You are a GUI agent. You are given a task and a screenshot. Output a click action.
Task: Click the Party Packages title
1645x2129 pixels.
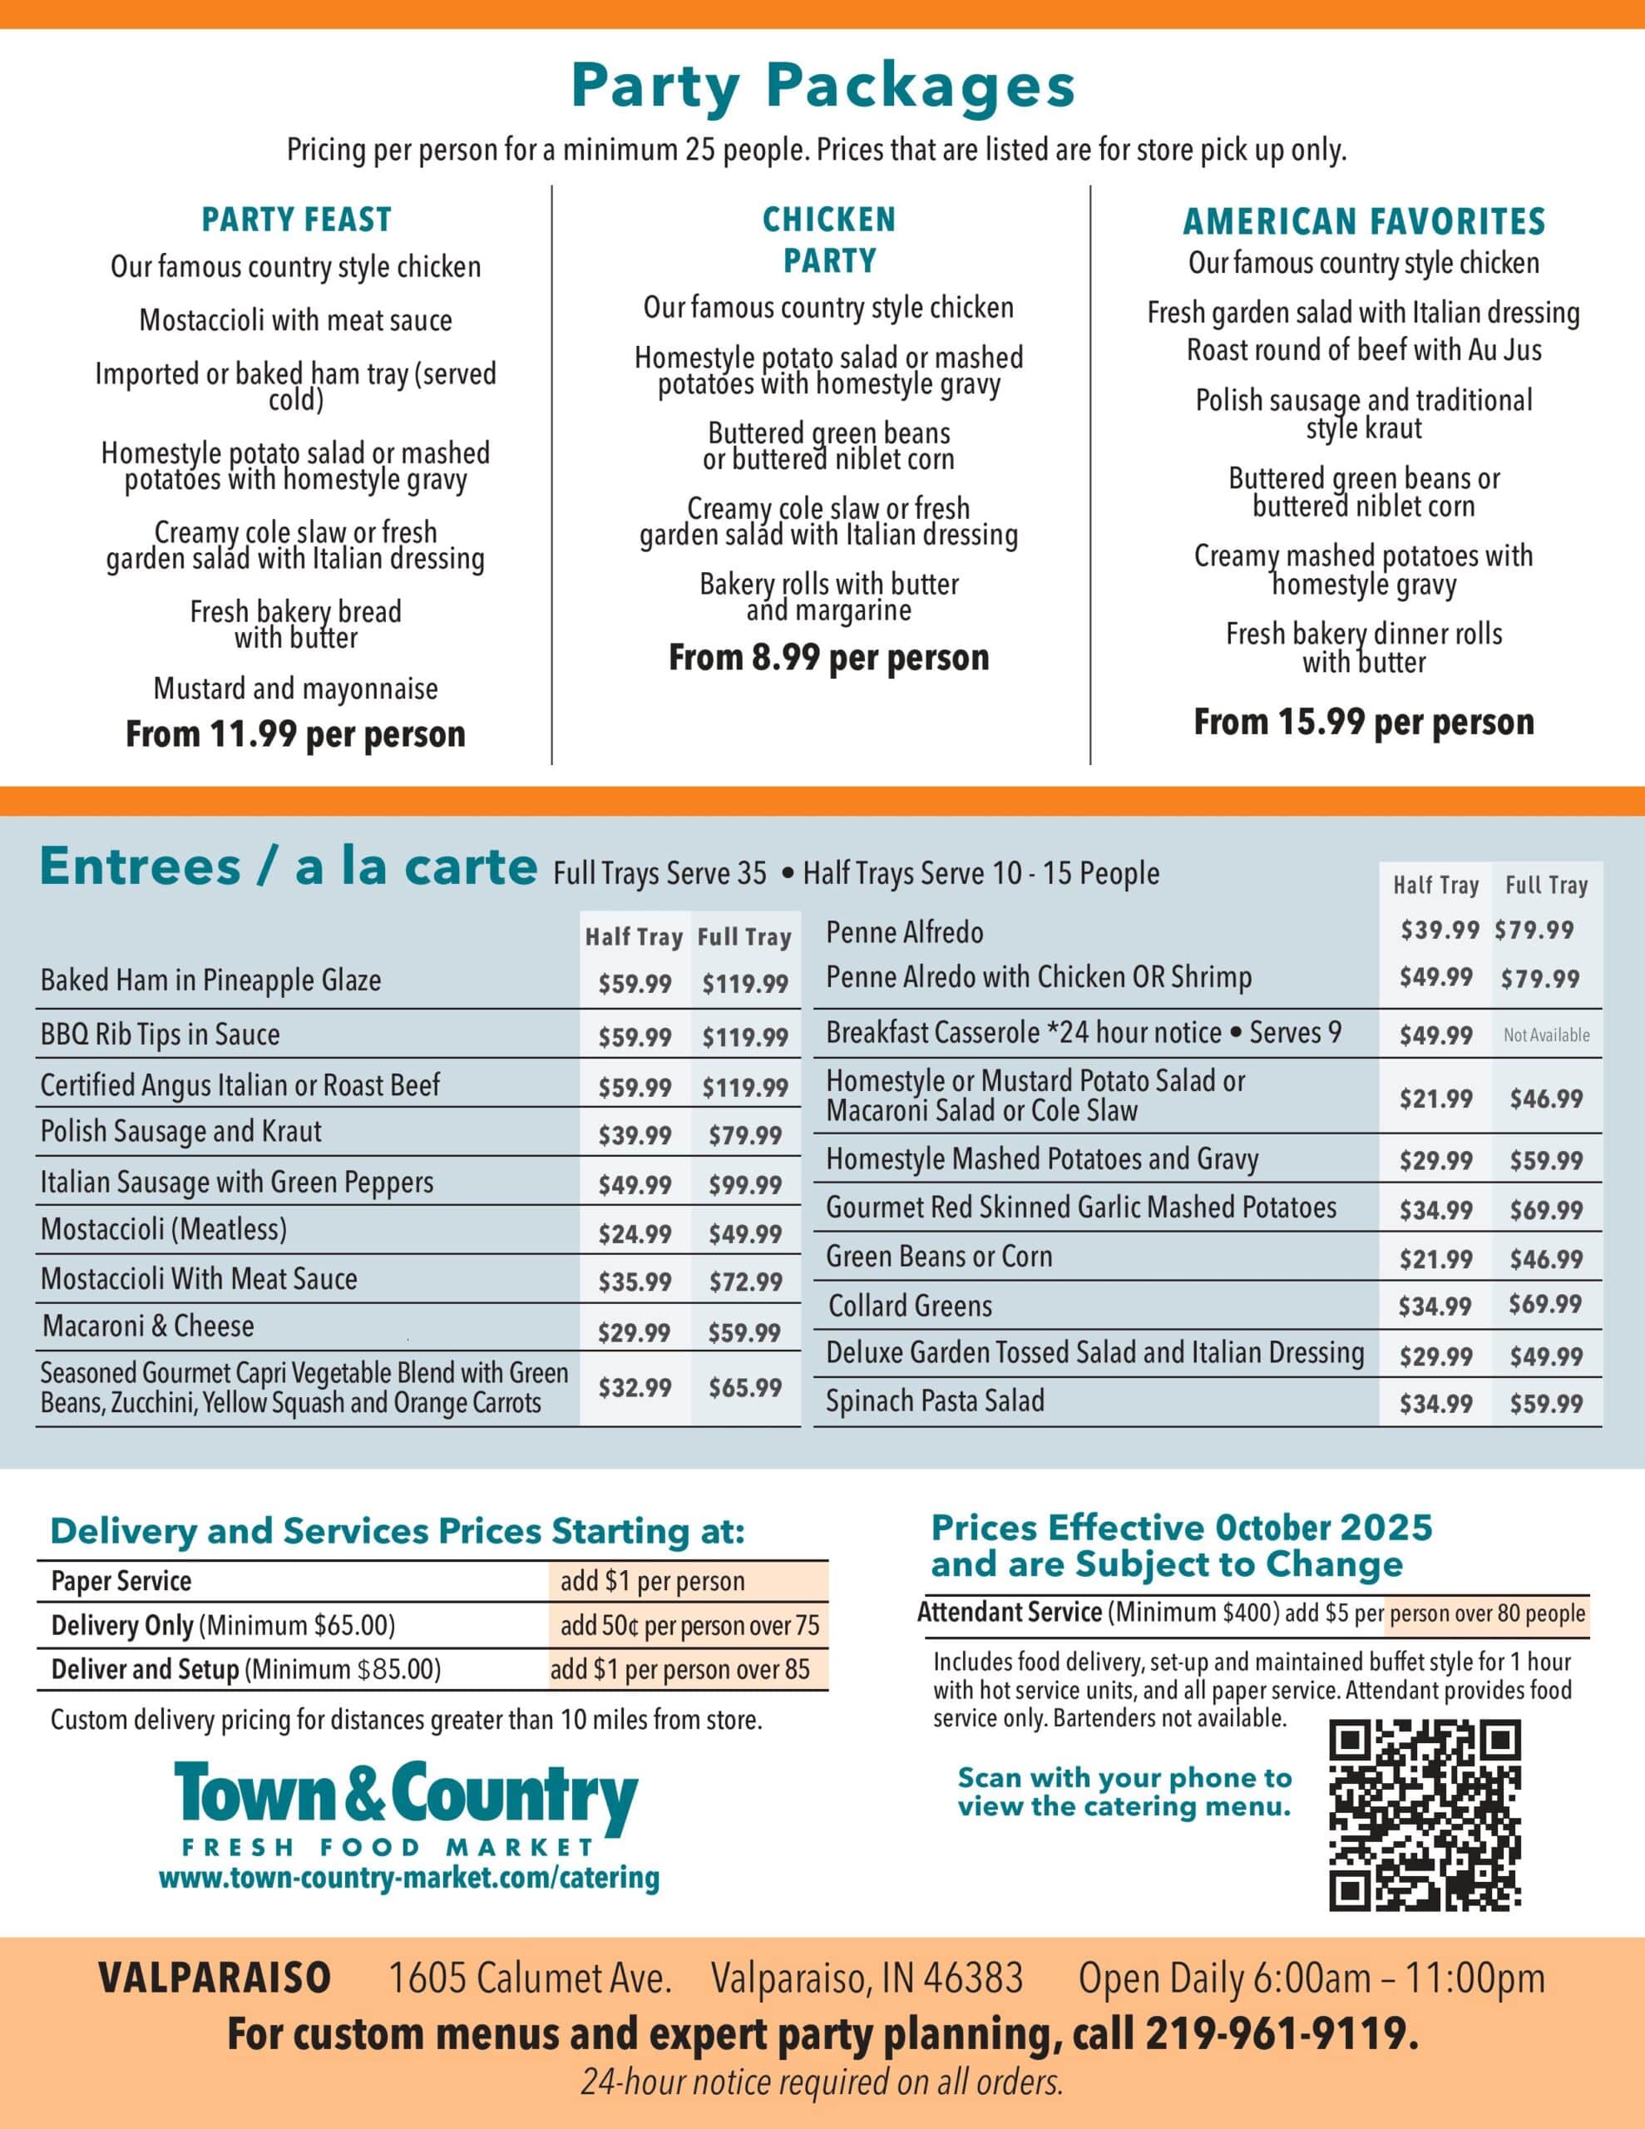click(x=822, y=86)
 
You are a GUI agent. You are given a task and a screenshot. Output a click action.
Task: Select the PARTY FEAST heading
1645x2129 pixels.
click(x=296, y=220)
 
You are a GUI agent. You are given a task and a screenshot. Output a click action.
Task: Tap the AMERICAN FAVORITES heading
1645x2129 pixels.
click(x=1363, y=222)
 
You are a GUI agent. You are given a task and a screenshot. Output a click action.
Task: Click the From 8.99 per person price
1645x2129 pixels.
click(x=827, y=658)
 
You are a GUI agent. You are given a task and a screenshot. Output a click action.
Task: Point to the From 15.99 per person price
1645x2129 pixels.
click(x=1363, y=723)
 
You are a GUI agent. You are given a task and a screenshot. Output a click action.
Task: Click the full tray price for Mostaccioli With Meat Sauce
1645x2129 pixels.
click(x=745, y=1282)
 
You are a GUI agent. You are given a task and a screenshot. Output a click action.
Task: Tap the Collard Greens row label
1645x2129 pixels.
click(x=910, y=1307)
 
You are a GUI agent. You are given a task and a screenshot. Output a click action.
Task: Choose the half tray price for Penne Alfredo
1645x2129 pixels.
click(x=1440, y=930)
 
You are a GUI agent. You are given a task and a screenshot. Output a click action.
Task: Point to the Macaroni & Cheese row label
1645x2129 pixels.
click(x=148, y=1326)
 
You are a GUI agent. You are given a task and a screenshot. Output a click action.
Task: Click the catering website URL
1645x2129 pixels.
click(x=408, y=1878)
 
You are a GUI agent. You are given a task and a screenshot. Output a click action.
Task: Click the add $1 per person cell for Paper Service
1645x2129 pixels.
click(x=652, y=1581)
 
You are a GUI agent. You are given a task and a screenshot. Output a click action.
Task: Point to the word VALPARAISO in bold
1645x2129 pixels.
click(x=215, y=1978)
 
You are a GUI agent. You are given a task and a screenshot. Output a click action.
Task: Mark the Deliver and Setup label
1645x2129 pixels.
click(x=146, y=1670)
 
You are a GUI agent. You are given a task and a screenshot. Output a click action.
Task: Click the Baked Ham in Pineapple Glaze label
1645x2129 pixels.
click(x=210, y=981)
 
